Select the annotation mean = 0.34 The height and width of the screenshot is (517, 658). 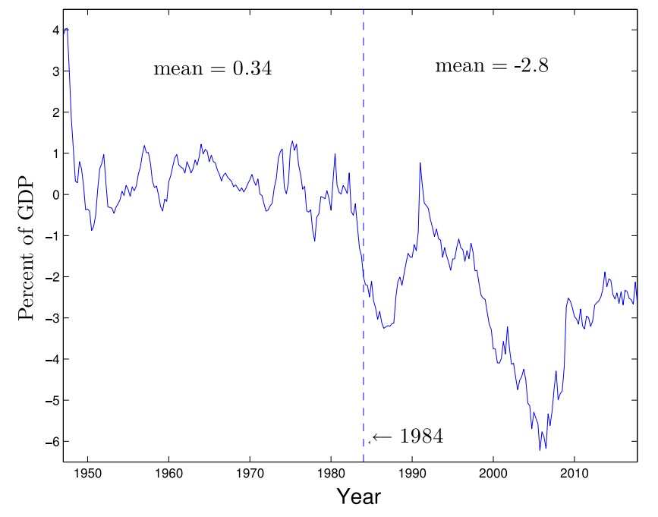pyautogui.click(x=213, y=69)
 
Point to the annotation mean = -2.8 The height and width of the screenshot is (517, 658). pyautogui.click(x=492, y=66)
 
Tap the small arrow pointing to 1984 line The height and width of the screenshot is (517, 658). pyautogui.click(x=381, y=437)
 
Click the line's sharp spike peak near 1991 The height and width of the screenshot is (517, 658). pyautogui.click(x=420, y=162)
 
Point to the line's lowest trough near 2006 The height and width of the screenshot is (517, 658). pyautogui.click(x=540, y=450)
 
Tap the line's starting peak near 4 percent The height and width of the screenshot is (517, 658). pyautogui.click(x=67, y=29)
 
